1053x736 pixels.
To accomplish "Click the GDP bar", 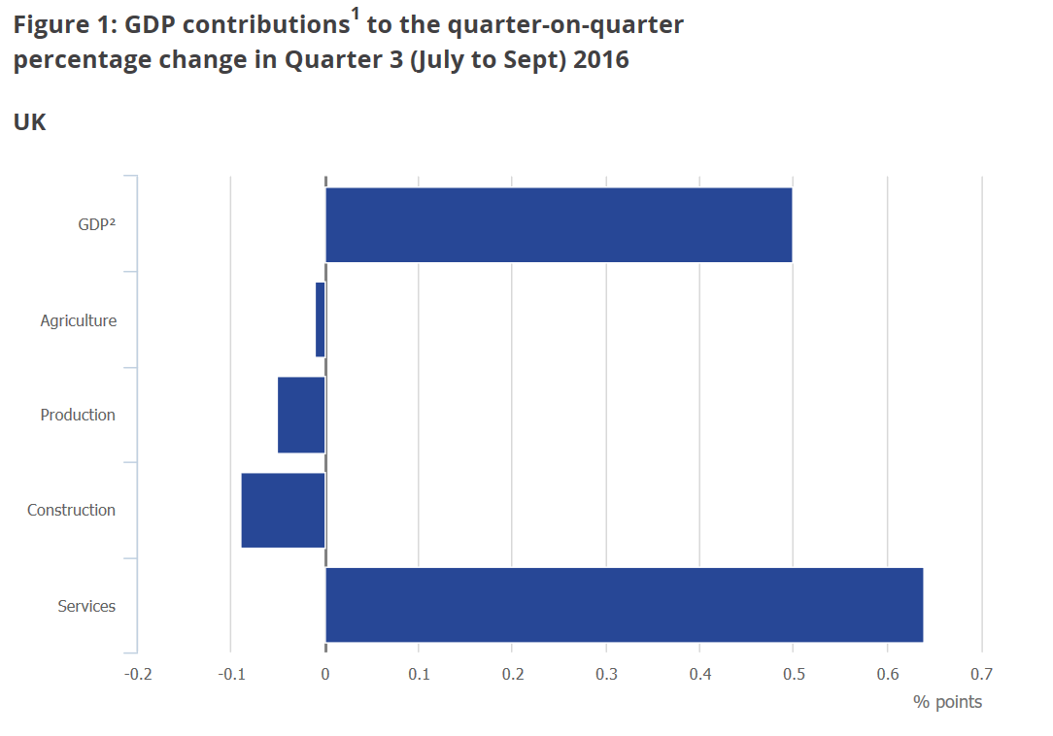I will (x=559, y=224).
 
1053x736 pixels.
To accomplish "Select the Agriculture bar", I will (x=321, y=319).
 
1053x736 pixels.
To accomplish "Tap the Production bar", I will (x=301, y=415).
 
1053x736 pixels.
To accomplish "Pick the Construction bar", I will (x=283, y=510).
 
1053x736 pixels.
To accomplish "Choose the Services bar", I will (x=624, y=605).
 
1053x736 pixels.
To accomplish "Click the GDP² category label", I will (x=97, y=224).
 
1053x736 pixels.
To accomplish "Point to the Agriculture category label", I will (x=78, y=320).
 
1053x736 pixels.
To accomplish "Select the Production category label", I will (x=78, y=415).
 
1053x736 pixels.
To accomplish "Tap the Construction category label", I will (x=71, y=510).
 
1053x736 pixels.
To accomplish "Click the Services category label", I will (x=86, y=606).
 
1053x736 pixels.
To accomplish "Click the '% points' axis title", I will (x=947, y=701).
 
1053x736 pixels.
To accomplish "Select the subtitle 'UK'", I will (x=29, y=123).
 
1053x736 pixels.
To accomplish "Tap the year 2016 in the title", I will (x=601, y=60).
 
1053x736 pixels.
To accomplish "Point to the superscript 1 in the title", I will (x=356, y=14).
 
